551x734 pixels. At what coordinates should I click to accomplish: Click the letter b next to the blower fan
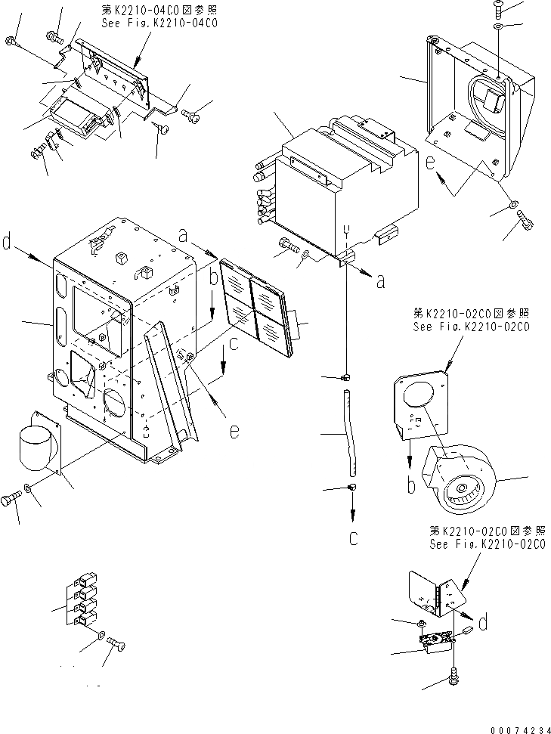pyautogui.click(x=410, y=485)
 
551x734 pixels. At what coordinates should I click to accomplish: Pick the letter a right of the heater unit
pyautogui.click(x=380, y=281)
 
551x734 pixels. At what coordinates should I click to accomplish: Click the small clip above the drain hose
pyautogui.click(x=346, y=376)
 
